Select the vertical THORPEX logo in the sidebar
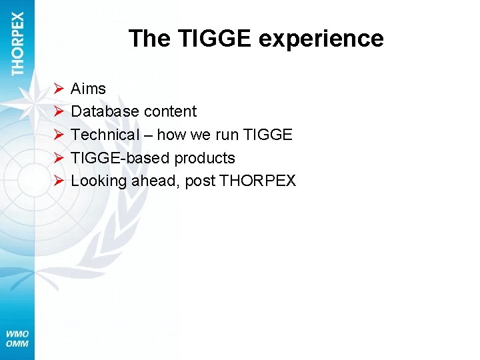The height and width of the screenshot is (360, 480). (x=18, y=43)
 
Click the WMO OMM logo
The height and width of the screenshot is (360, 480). (x=17, y=338)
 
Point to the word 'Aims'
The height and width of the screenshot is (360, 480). (x=88, y=88)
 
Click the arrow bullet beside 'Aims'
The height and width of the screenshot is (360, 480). (x=59, y=88)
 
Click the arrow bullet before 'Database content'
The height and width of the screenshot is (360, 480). (x=59, y=111)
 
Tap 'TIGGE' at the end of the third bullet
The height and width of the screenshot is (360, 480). (x=268, y=135)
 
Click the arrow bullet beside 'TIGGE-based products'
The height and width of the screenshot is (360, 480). (x=59, y=158)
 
